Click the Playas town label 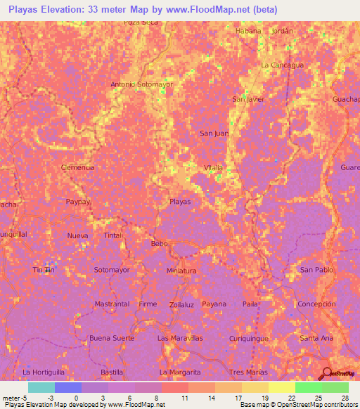pyautogui.click(x=180, y=201)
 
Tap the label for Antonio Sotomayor pyautogui.click(x=142, y=84)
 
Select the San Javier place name pyautogui.click(x=248, y=99)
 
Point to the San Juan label pyautogui.click(x=214, y=133)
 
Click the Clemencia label pyautogui.click(x=78, y=167)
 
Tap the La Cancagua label pyautogui.click(x=281, y=65)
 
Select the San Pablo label pyautogui.click(x=316, y=269)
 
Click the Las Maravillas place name pyautogui.click(x=180, y=338)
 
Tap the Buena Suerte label pyautogui.click(x=112, y=338)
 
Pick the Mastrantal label pyautogui.click(x=112, y=304)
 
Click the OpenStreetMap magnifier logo pyautogui.click(x=328, y=372)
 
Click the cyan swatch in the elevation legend pyautogui.click(x=41, y=387)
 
